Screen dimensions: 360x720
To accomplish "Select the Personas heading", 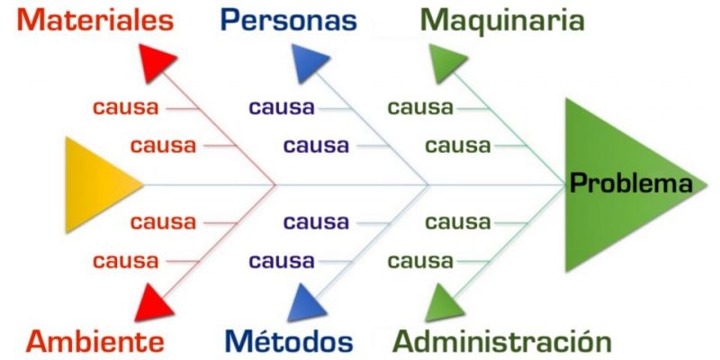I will click(x=288, y=20).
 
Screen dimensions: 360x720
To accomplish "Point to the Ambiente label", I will click(x=95, y=341).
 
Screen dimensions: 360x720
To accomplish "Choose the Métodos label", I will click(x=288, y=341).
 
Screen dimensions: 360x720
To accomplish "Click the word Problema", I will click(x=633, y=184).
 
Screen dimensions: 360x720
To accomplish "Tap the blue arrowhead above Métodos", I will click(x=306, y=304).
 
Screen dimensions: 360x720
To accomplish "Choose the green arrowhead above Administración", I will click(x=444, y=303).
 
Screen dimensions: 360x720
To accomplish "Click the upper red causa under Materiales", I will click(x=125, y=108).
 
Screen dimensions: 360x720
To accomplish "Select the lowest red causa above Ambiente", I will click(x=125, y=262).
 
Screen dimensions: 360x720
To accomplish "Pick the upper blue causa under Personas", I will click(x=282, y=108).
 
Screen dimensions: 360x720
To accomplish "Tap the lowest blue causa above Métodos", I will click(x=282, y=262).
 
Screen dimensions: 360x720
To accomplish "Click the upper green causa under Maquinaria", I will click(x=420, y=108).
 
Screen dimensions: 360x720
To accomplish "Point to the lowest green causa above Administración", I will click(x=420, y=262).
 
